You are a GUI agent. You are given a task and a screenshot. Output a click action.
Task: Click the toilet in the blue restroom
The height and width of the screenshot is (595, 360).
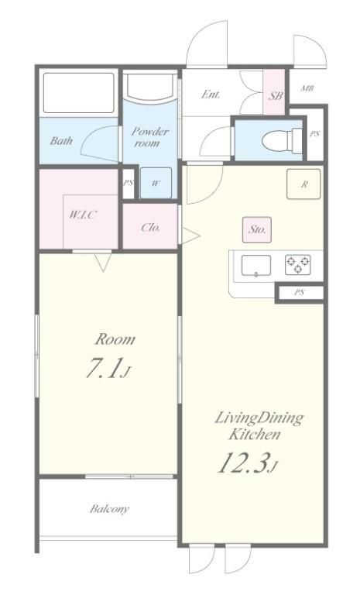click(x=283, y=140)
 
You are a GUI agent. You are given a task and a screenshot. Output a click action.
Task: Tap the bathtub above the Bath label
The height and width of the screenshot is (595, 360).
click(x=78, y=93)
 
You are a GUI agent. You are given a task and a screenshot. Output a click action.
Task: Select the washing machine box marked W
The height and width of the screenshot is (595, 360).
click(x=156, y=183)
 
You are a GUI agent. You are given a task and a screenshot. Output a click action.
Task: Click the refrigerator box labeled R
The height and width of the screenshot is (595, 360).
click(x=303, y=184)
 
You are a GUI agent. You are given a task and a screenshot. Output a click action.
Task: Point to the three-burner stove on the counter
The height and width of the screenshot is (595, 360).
click(x=298, y=264)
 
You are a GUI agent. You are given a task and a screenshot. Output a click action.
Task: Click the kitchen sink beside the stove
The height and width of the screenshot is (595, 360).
click(x=256, y=265)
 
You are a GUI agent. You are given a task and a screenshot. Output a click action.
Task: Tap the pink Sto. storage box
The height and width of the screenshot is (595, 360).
click(x=257, y=229)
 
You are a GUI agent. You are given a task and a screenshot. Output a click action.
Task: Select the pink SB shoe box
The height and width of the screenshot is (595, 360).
click(x=274, y=92)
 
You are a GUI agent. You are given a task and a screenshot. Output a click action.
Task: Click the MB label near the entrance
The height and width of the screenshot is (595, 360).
click(x=307, y=89)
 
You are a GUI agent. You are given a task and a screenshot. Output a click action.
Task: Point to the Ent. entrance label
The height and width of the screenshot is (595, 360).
click(x=211, y=94)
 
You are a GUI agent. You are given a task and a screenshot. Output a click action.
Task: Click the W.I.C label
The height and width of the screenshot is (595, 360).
click(x=83, y=215)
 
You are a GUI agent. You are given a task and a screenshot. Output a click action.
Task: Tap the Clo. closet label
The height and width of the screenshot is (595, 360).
click(x=151, y=227)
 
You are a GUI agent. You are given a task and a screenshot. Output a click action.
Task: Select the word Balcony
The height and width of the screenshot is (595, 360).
click(x=109, y=508)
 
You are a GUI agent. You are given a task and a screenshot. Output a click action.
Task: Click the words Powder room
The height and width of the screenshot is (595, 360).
click(x=149, y=137)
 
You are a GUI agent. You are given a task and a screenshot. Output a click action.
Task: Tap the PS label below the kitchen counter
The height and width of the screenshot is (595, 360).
click(x=300, y=293)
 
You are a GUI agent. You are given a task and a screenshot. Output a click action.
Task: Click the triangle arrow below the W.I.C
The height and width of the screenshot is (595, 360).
click(x=103, y=262)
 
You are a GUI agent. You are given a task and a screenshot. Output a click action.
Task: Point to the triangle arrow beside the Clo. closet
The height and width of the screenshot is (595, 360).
click(x=190, y=236)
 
